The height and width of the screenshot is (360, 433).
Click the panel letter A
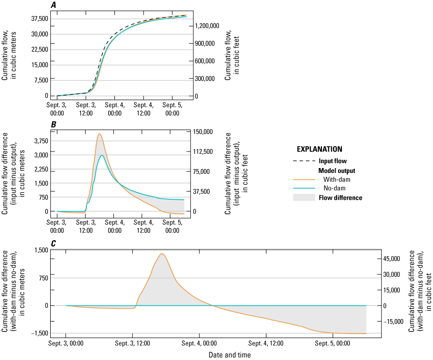(53, 4)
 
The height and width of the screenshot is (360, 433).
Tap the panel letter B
(53, 125)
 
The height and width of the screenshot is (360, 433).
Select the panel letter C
(53, 241)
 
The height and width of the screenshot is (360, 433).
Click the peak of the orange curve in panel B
(99, 134)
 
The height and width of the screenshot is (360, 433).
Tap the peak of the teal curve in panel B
(102, 155)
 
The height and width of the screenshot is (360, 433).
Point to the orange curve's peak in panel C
(162, 253)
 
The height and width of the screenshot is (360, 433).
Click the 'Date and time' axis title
(230, 355)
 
